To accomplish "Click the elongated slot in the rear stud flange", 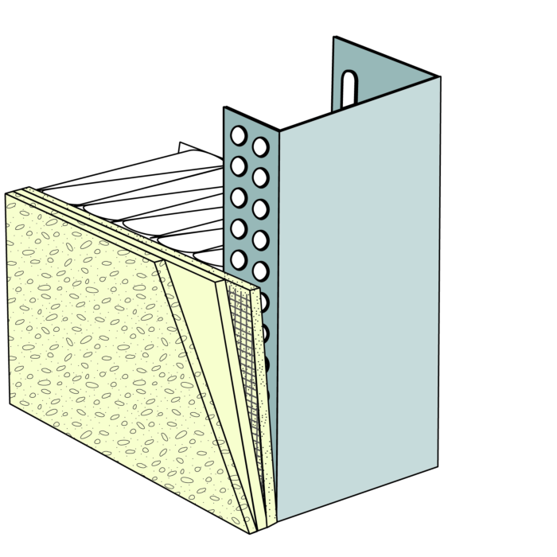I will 347,90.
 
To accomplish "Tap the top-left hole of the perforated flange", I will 238,136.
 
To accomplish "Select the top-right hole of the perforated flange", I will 260,146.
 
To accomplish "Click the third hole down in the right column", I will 260,208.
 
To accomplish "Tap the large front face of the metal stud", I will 358,302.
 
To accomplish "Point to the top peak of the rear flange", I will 334,37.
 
